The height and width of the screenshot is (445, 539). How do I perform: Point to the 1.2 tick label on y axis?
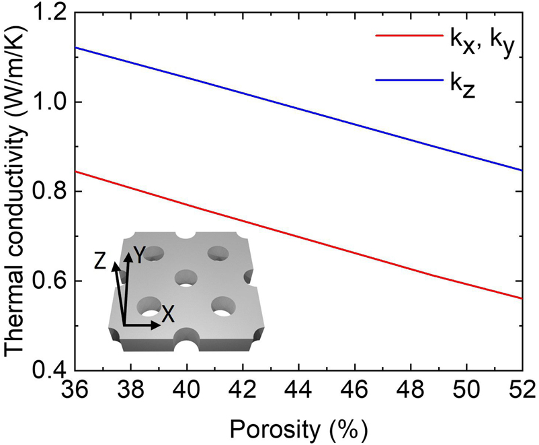click(x=50, y=13)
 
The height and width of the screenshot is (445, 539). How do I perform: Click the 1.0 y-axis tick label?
click(x=50, y=102)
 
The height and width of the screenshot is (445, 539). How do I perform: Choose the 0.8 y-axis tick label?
click(x=50, y=192)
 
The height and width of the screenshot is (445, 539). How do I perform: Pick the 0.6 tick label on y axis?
click(x=50, y=281)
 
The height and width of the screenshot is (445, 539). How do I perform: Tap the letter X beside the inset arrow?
click(x=169, y=314)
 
